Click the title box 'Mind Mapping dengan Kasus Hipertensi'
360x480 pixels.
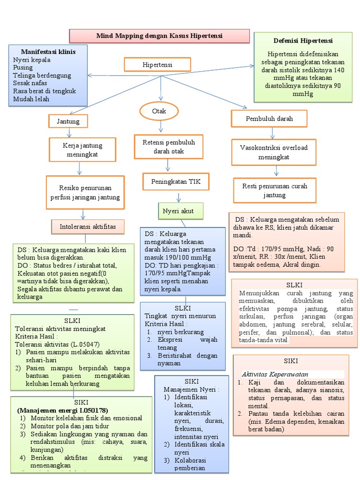[159, 36]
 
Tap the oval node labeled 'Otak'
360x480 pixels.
[159, 112]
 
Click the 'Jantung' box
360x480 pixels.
[68, 121]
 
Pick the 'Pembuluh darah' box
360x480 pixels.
[269, 119]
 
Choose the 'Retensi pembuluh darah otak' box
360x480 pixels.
[168, 147]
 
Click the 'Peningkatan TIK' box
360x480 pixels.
[175, 181]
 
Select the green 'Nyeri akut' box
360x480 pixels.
[181, 211]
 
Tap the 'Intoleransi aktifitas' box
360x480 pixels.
[87, 227]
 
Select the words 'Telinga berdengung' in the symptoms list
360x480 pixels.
[42, 75]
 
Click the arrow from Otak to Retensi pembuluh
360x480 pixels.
[160, 127]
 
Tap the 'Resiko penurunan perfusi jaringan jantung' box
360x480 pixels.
[85, 193]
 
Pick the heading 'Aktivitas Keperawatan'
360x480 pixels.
[275, 374]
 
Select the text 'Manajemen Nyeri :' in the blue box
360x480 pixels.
[191, 389]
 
